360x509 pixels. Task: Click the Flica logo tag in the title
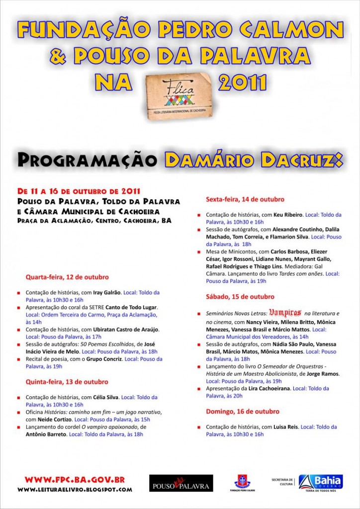point(179,94)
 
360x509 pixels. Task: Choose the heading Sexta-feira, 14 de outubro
point(245,199)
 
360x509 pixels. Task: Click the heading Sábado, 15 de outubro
point(240,297)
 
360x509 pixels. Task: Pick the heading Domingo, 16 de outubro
point(243,412)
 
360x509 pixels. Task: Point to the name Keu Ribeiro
point(288,215)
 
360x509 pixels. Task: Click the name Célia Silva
point(106,398)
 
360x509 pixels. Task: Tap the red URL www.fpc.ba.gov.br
point(75,480)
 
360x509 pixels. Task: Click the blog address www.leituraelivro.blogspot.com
point(75,490)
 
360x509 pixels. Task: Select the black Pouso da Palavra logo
point(181,483)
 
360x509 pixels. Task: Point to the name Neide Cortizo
point(45,420)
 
